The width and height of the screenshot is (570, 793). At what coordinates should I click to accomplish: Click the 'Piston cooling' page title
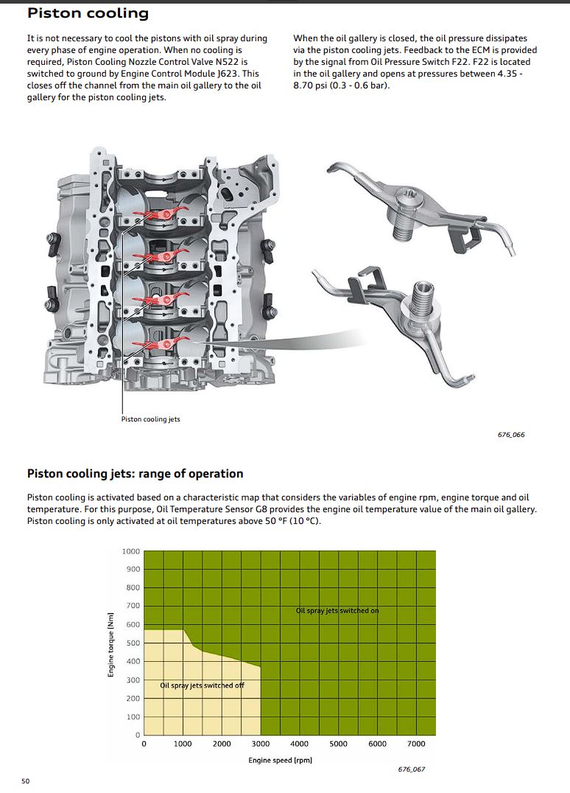click(x=88, y=13)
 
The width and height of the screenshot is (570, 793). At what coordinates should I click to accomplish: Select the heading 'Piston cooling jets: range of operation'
click(x=135, y=474)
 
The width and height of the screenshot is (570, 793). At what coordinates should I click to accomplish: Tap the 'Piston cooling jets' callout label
click(x=150, y=419)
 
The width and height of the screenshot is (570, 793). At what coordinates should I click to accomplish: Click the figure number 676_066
click(x=511, y=434)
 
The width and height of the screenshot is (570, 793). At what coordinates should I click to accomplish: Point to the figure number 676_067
click(x=412, y=769)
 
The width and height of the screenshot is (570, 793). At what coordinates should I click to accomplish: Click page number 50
click(x=26, y=781)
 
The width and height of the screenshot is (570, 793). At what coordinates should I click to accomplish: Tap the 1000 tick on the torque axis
click(x=131, y=551)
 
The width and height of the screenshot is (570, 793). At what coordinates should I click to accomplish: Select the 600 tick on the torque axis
click(x=133, y=624)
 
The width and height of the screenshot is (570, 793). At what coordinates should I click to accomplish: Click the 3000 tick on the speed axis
click(x=261, y=744)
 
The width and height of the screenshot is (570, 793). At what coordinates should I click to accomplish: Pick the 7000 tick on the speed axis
click(x=416, y=744)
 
